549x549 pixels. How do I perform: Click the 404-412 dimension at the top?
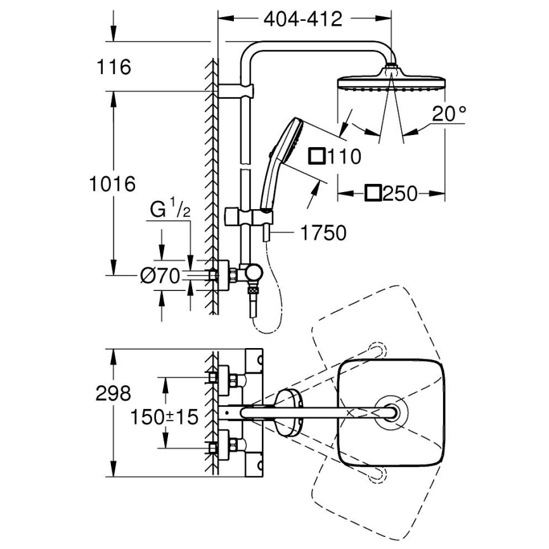point(302,19)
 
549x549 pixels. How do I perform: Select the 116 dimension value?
point(115,67)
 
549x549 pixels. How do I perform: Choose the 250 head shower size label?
point(392,193)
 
